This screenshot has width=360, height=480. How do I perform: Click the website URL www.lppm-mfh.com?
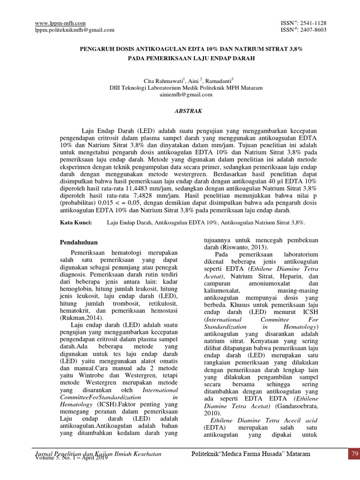(60, 23)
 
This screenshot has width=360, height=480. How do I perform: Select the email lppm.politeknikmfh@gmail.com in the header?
(75, 30)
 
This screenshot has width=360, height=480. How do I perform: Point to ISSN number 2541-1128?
(313, 23)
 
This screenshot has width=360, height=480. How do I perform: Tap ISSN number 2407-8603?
(313, 30)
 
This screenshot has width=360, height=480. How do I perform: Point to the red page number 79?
(354, 454)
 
